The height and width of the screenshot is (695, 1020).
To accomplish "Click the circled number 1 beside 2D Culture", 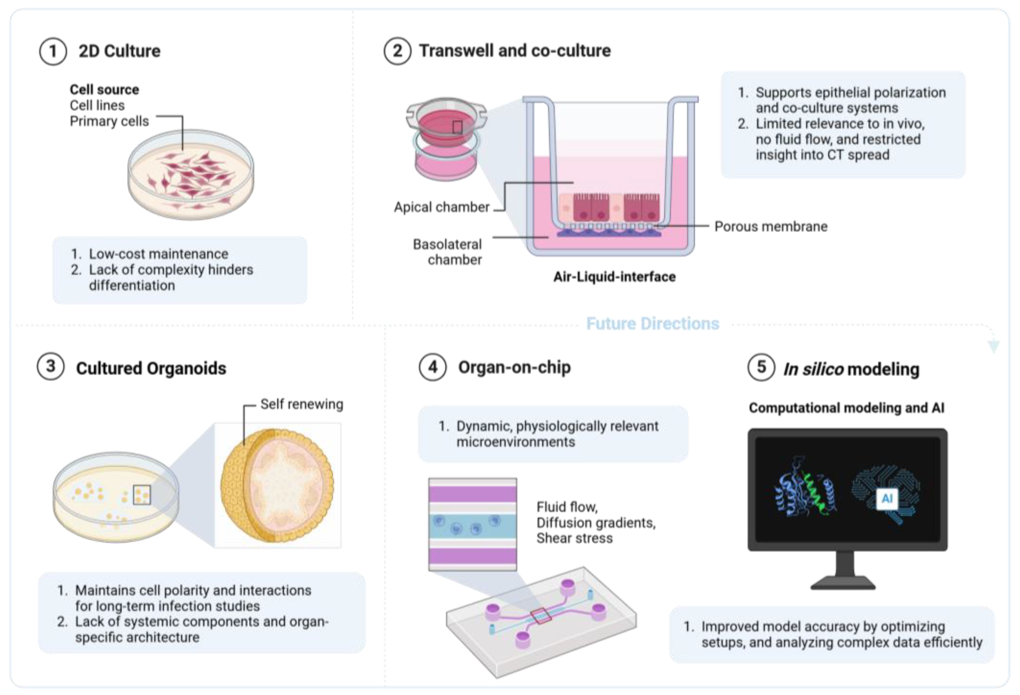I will [53, 51].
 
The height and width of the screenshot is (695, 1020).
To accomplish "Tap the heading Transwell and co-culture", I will [514, 51].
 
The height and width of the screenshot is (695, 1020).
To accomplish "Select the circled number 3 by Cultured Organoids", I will [51, 367].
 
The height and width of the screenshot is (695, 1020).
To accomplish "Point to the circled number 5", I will [761, 367].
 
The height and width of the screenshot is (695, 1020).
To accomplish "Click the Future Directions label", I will [652, 324].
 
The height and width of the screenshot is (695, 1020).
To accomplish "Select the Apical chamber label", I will [441, 207].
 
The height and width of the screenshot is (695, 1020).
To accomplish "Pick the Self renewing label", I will [302, 404].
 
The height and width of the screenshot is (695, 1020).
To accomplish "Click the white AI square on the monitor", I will [887, 498].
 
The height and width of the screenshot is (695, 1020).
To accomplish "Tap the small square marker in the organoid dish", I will [141, 495].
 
